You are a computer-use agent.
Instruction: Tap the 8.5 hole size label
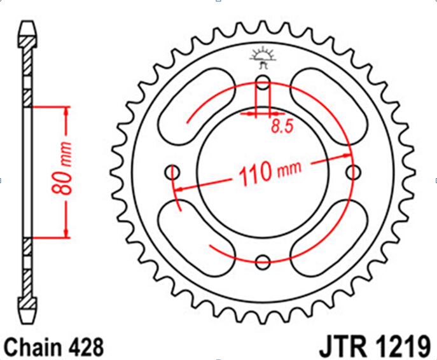tap(282, 126)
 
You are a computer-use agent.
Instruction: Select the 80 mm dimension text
tap(62, 168)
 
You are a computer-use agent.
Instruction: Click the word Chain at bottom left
tap(32, 347)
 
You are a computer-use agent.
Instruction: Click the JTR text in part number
tap(342, 347)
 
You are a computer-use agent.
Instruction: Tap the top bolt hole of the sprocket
tap(263, 82)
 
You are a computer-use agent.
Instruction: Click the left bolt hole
tap(172, 172)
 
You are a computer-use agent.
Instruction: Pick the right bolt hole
tap(354, 172)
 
